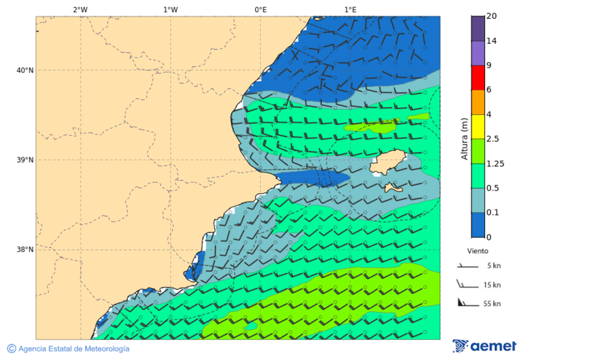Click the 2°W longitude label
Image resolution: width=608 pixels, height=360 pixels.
80,9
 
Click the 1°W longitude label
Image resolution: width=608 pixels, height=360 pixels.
170,9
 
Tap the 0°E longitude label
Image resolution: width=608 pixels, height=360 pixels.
260,9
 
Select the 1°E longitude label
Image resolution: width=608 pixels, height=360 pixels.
350,9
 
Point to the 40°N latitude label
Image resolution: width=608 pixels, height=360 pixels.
24,70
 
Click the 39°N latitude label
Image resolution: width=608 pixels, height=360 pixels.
24,160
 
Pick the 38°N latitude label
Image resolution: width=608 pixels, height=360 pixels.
24,250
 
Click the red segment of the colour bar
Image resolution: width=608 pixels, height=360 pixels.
478,78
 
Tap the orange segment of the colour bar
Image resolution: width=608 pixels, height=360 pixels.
478,102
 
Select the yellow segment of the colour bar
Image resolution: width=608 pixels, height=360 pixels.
478,126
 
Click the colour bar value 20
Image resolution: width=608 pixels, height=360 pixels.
491,16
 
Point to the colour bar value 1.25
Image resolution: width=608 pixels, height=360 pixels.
495,163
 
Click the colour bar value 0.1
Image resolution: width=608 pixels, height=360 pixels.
492,212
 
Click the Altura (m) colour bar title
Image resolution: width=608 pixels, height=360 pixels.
464,138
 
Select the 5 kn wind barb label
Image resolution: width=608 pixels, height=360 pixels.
493,266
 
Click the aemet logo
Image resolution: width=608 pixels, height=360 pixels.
484,346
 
